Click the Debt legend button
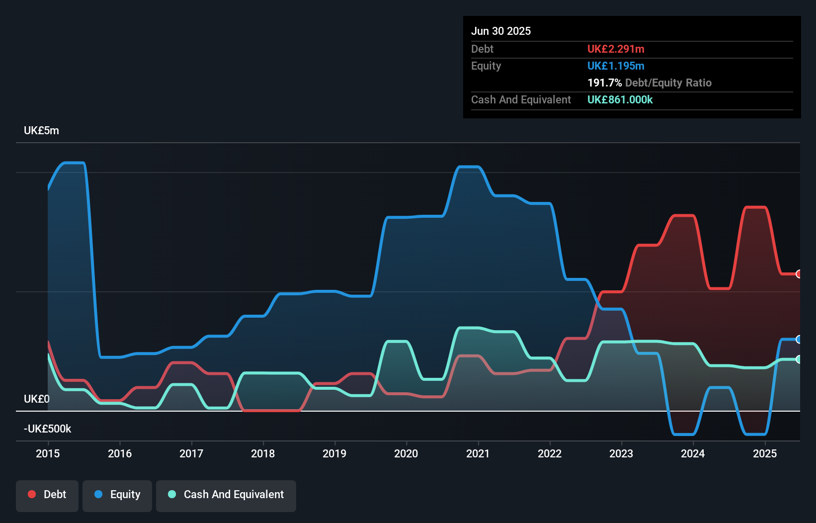click(47, 495)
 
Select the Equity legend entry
click(117, 495)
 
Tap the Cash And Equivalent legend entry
click(226, 495)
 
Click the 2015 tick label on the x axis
click(48, 453)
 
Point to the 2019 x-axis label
click(334, 453)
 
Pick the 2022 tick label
click(550, 453)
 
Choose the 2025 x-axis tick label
click(764, 453)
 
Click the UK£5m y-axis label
click(41, 131)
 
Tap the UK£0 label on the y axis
click(37, 399)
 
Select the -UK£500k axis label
click(48, 429)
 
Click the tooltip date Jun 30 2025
click(501, 31)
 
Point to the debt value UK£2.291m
click(616, 49)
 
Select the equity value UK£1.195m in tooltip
click(616, 66)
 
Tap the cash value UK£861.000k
click(620, 99)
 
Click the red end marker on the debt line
click(799, 274)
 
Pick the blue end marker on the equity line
click(799, 339)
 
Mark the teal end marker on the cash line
click(799, 359)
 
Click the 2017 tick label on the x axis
click(191, 453)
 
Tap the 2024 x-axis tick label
click(693, 453)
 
